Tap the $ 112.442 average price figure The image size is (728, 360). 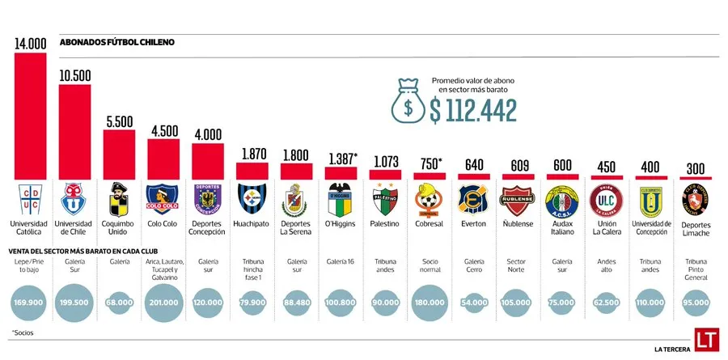coord(473,110)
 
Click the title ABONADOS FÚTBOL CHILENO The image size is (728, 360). coord(116,41)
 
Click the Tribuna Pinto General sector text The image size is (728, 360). coord(694,269)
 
